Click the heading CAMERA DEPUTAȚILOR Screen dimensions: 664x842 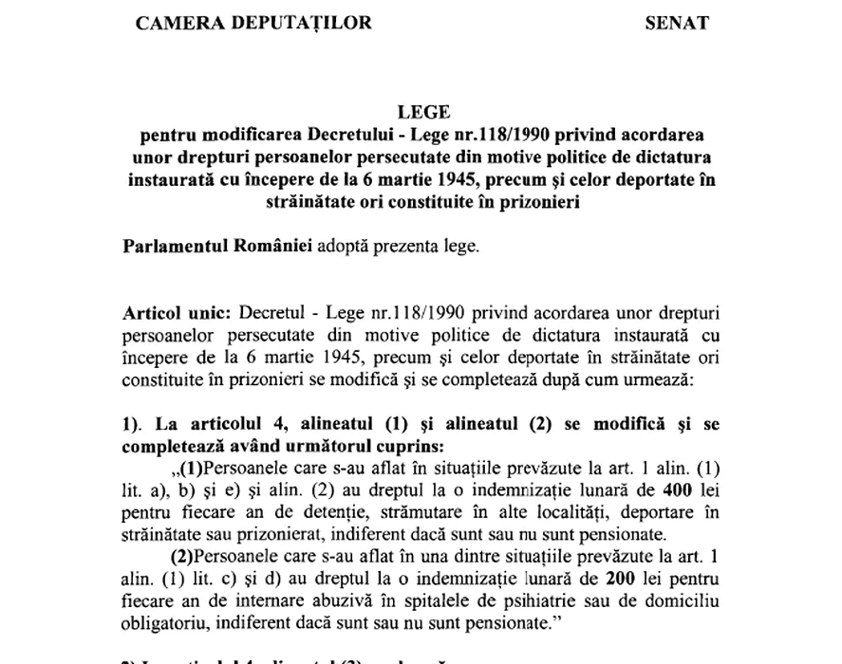253,23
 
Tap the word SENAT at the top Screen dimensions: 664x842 676,23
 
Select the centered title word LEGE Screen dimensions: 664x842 424,113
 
